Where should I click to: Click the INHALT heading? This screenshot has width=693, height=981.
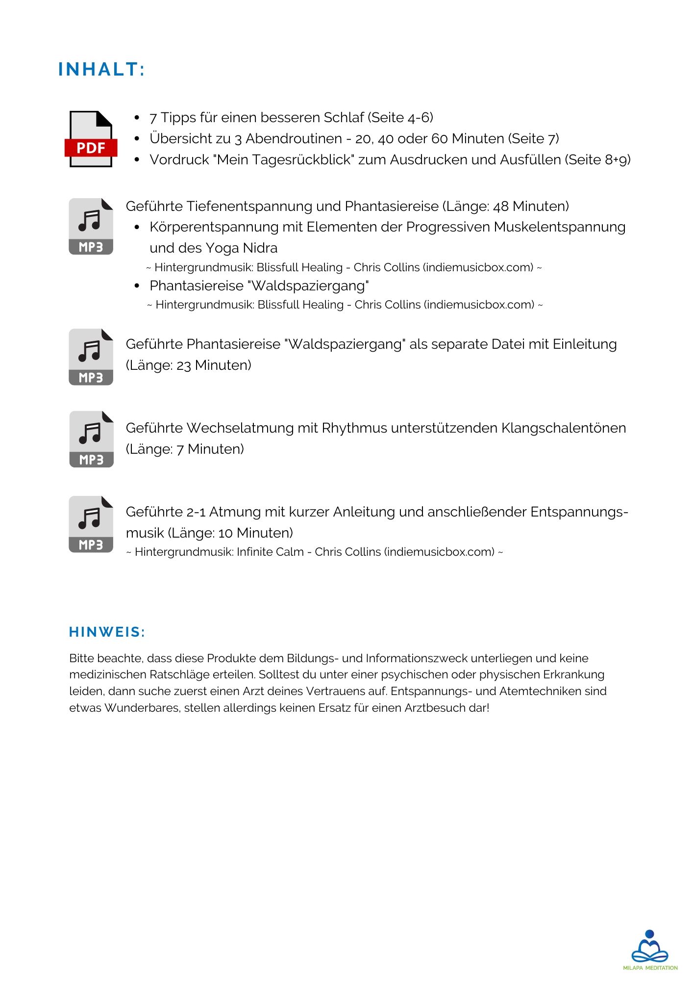101,70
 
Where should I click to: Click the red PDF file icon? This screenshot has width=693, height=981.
91,139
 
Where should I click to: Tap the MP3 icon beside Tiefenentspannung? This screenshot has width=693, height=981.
91,227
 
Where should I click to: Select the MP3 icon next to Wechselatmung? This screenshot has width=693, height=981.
91,439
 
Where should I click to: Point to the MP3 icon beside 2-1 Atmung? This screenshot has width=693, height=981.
91,524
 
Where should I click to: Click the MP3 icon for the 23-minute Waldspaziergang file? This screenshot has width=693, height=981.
91,357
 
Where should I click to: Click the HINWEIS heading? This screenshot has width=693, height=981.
107,632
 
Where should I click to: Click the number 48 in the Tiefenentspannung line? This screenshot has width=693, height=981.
500,207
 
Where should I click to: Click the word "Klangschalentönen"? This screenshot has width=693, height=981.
563,428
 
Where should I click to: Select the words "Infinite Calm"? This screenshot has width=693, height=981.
270,552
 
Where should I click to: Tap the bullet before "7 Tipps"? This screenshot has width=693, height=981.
137,118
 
